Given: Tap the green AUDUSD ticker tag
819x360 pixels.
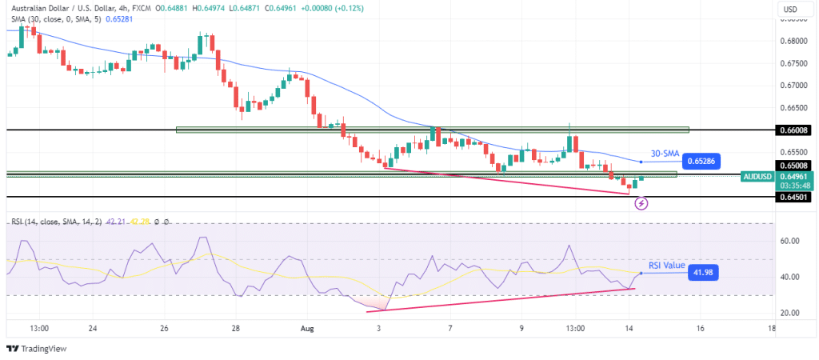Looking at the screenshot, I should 756,176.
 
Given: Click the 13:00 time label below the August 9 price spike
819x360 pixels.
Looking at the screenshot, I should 574,328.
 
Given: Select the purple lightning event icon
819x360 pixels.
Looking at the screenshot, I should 641,203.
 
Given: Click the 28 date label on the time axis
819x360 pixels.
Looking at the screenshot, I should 236,328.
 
